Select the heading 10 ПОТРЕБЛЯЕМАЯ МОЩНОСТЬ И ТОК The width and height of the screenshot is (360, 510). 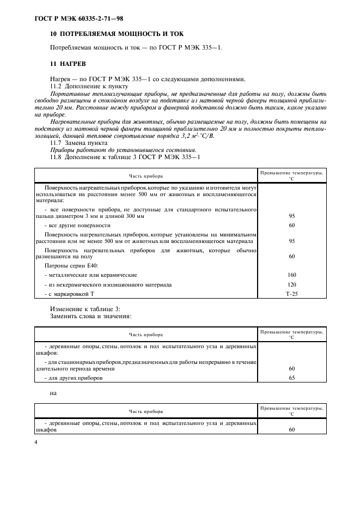pyautogui.click(x=113, y=34)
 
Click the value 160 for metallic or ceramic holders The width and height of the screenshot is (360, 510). pyautogui.click(x=291, y=275)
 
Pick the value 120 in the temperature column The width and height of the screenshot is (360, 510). pyautogui.click(x=291, y=284)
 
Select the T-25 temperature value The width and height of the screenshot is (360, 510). pyautogui.click(x=291, y=294)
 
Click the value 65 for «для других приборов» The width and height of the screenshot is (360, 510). pyautogui.click(x=291, y=378)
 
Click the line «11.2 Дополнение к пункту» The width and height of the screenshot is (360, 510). pyautogui.click(x=89, y=86)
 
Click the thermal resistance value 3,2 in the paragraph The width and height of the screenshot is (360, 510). pyautogui.click(x=188, y=136)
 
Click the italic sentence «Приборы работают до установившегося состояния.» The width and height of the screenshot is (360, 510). pyautogui.click(x=123, y=150)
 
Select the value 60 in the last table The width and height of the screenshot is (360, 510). pyautogui.click(x=291, y=429)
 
